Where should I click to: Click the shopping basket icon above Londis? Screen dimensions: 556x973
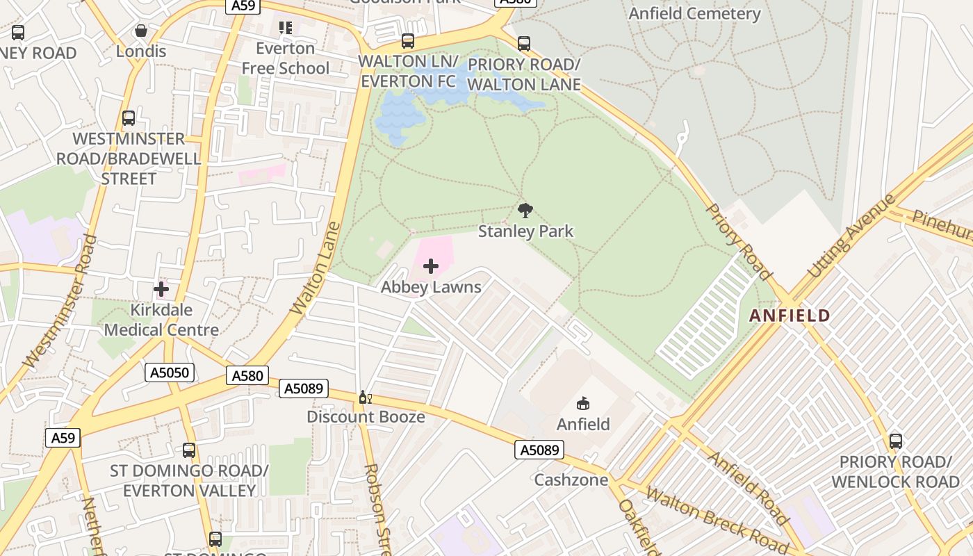141,31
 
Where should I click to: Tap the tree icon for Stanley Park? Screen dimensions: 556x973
525,210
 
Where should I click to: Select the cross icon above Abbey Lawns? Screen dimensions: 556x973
431,266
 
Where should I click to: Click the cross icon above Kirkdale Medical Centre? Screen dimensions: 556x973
161,288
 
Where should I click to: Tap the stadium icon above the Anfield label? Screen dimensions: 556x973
583,403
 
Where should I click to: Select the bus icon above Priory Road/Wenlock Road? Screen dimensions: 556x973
895,441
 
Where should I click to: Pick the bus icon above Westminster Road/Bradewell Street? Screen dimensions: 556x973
129,118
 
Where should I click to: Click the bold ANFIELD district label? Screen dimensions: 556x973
790,316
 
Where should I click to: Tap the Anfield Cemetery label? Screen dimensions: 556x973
694,13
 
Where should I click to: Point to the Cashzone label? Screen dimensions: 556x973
571,480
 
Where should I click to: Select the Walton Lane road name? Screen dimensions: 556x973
316,268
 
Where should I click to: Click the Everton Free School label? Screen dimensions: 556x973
285,58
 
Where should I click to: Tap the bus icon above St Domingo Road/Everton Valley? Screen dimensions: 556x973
188,450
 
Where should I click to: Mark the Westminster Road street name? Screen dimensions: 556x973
59,302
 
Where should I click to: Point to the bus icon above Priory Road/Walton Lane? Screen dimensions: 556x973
524,44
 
